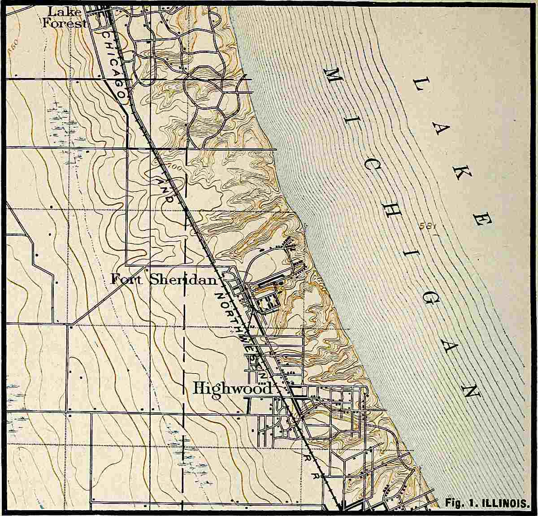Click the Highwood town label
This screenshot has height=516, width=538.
[232, 388]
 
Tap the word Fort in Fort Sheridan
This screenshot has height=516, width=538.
[127, 280]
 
